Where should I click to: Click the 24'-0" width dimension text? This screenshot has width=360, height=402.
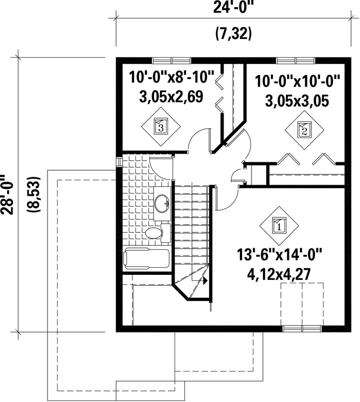(x=231, y=7)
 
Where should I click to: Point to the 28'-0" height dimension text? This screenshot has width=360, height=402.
(x=6, y=195)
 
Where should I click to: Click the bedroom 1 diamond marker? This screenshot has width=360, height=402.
(x=279, y=226)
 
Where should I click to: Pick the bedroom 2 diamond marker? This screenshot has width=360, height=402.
(x=304, y=131)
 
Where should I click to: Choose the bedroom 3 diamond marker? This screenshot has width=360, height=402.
(x=161, y=127)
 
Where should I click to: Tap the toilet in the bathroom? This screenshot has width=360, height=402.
(x=156, y=233)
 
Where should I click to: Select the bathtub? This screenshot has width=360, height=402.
(x=146, y=259)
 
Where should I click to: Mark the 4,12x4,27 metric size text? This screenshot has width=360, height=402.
(x=279, y=274)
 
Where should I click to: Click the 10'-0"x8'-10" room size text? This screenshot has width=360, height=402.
(x=171, y=77)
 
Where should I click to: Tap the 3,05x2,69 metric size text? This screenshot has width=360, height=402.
(x=171, y=97)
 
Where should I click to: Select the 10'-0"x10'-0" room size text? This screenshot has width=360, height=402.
(x=297, y=82)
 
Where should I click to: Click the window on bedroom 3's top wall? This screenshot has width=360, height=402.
(x=171, y=61)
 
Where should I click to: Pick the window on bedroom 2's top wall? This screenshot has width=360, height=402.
(x=296, y=61)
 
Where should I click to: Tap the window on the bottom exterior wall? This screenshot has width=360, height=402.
(x=302, y=329)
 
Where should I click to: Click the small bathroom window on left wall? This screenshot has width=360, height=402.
(x=119, y=162)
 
